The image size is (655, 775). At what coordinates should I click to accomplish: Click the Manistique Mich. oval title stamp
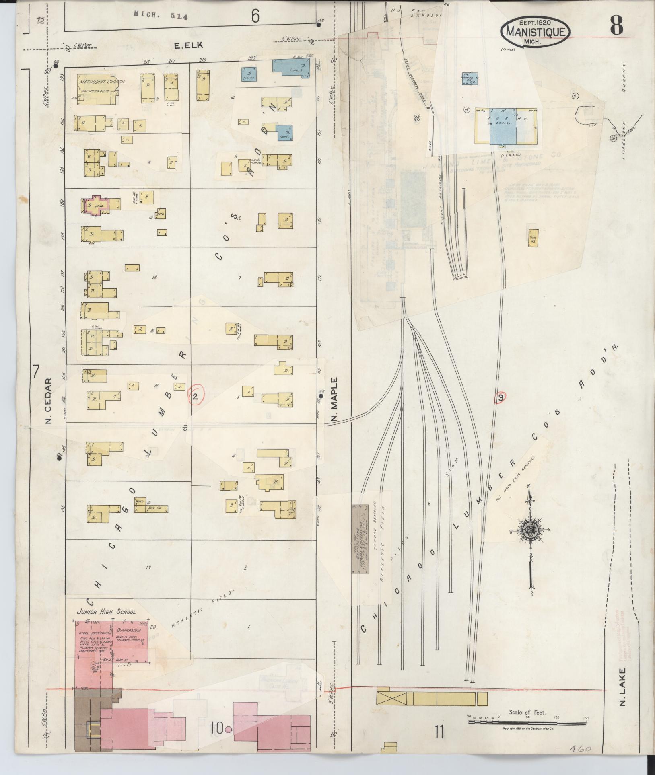pos(535,31)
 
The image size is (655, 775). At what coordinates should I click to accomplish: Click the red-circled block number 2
pos(196,397)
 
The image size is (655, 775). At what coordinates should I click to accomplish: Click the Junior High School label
pos(106,623)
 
